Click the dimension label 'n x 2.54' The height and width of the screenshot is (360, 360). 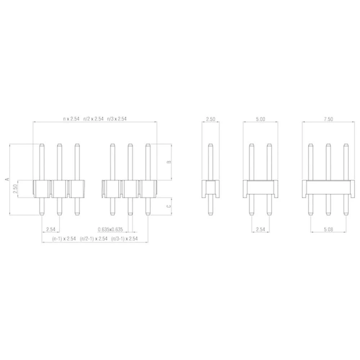(71, 118)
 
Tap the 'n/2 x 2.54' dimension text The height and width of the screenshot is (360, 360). (93, 118)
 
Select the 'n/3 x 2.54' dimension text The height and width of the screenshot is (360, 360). (117, 118)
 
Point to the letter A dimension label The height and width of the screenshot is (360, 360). (6, 179)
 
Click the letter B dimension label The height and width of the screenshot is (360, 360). (169, 162)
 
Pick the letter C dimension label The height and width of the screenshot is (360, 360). (169, 206)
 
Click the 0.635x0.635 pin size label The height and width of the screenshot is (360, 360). (111, 229)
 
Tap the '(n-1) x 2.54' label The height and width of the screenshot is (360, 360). (59, 239)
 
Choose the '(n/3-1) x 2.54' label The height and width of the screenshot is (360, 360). (124, 239)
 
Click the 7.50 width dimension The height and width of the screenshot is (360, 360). (328, 119)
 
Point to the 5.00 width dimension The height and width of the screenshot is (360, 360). (260, 119)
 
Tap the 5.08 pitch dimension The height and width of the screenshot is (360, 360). (328, 229)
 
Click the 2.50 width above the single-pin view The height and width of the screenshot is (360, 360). (211, 119)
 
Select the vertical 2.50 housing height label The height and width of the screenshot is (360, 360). (15, 189)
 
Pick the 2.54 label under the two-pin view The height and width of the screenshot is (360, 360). (260, 229)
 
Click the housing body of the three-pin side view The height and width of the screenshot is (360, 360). (328, 187)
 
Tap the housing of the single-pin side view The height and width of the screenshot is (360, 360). (211, 188)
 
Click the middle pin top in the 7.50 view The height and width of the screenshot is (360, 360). (328, 146)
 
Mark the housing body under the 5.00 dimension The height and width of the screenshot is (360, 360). (260, 187)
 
